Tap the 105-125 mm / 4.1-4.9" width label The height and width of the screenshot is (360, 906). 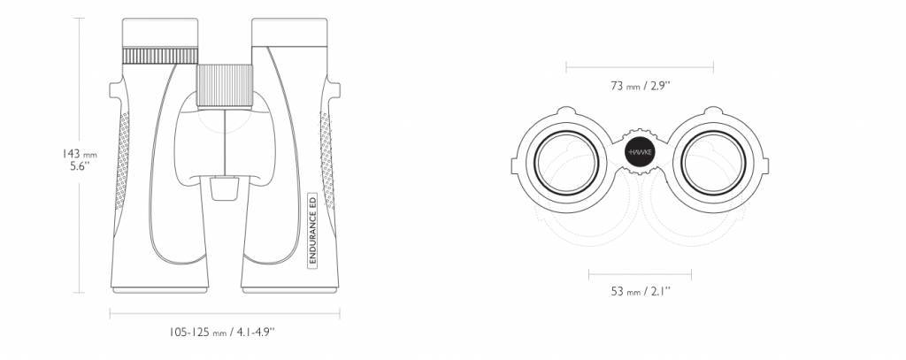click(x=223, y=333)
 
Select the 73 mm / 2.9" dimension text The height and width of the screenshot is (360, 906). click(x=640, y=86)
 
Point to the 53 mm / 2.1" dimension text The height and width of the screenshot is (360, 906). click(x=640, y=290)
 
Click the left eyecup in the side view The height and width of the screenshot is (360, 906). click(x=158, y=34)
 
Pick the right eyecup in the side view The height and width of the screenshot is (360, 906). click(x=289, y=34)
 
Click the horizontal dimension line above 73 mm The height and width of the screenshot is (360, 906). click(x=640, y=65)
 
